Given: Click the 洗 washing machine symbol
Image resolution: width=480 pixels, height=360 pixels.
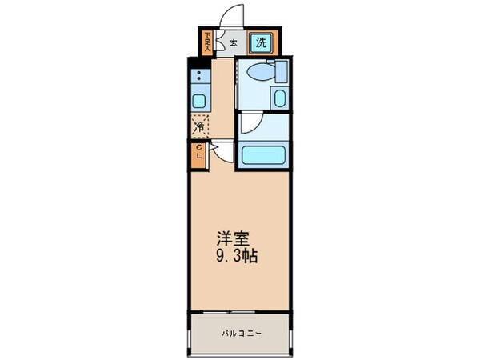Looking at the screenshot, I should [262, 42].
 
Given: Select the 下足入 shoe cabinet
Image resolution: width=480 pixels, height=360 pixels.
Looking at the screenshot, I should [206, 42].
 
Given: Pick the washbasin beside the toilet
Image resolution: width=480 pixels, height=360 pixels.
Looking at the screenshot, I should [279, 100].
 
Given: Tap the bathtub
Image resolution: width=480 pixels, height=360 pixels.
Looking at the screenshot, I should [262, 155].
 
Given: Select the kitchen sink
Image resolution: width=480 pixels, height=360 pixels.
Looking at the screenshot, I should [198, 99].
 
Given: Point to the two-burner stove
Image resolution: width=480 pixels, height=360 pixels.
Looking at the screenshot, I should [198, 77].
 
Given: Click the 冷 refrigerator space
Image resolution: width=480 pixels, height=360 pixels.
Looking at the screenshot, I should [198, 126].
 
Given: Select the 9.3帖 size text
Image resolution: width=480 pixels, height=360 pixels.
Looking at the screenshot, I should [234, 258].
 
